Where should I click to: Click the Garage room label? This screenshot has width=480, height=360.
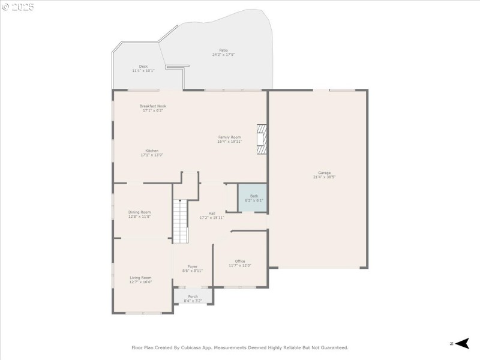tap(322, 173)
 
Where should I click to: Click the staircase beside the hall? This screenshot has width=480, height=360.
tap(180, 221)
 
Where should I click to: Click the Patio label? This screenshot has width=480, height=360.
tap(223, 50)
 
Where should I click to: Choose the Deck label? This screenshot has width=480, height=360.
tap(143, 67)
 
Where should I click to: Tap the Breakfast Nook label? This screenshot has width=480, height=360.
tap(153, 106)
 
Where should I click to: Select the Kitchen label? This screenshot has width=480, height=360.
tap(152, 151)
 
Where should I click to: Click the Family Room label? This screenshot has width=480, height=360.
tap(229, 137)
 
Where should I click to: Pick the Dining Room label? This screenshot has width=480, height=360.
tap(139, 212)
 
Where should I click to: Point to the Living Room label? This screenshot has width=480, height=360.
tap(140, 278)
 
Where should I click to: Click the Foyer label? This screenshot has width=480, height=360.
tap(193, 266)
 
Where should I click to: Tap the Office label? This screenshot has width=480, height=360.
tap(240, 261)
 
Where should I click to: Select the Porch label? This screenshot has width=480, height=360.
tap(193, 296)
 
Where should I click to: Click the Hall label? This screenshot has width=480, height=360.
tap(212, 213)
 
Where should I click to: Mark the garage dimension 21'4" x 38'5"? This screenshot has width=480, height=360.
tap(322, 177)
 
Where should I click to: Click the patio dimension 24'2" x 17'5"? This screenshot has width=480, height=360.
tap(223, 55)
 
